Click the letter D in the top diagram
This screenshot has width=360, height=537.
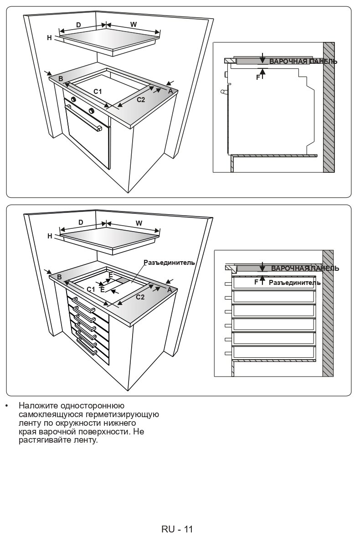pyautogui.click(x=78, y=26)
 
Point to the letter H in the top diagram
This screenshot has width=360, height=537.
pyautogui.click(x=49, y=38)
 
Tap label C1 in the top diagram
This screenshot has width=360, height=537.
pyautogui.click(x=98, y=92)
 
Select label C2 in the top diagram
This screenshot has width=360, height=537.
pyautogui.click(x=141, y=99)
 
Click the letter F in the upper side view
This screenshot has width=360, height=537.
pyautogui.click(x=257, y=77)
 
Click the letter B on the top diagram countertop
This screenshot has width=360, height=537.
pyautogui.click(x=60, y=79)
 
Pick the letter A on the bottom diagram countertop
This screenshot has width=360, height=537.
pyautogui.click(x=169, y=290)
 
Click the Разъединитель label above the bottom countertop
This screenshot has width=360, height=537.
pyautogui.click(x=169, y=263)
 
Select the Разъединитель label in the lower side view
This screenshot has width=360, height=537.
pyautogui.click(x=294, y=283)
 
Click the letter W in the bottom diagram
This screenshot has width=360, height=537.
pyautogui.click(x=139, y=223)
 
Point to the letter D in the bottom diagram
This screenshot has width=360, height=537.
pyautogui.click(x=81, y=222)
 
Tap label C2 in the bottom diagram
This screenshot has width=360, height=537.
pyautogui.click(x=140, y=298)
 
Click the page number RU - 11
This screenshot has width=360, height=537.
pyautogui.click(x=177, y=529)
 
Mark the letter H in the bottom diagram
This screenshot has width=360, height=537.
pyautogui.click(x=50, y=236)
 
